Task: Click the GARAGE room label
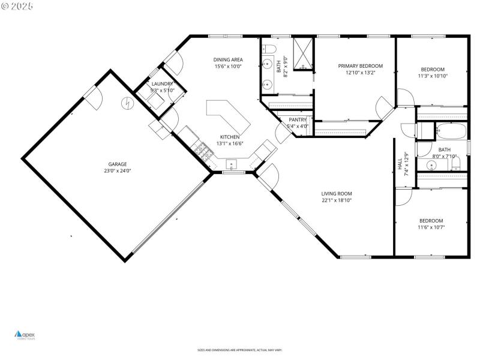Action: pos(117,164)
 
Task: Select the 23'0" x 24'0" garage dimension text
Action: pos(117,171)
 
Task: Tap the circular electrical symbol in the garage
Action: pos(127,103)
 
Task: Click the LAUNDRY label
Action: pos(162,84)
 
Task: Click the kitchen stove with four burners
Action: pos(206,155)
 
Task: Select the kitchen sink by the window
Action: pos(232,164)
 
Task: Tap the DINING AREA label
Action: pos(228,59)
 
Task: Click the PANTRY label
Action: pos(298,120)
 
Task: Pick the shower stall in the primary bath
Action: pos(303,54)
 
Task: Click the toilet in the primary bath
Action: pos(269,48)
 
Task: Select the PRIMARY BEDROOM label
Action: pos(360,66)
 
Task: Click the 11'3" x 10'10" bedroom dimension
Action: pos(433,76)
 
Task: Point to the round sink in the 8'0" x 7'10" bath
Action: pos(431,165)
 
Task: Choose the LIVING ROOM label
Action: pos(336,193)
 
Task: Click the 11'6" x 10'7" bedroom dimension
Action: pos(431,227)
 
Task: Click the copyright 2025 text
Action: pos(17,5)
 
